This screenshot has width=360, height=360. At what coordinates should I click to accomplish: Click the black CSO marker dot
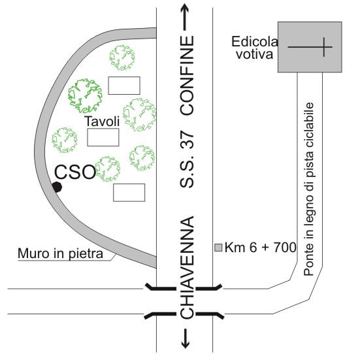[x=57, y=187]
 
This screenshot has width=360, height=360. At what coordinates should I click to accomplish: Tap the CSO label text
[x=75, y=172]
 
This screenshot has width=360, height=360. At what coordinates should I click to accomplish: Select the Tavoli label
[x=102, y=122]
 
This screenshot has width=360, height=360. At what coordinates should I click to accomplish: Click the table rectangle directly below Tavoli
[x=103, y=137]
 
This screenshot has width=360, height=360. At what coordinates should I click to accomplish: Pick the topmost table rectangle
[x=124, y=86]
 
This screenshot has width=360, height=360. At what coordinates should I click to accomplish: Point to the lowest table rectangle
[x=129, y=193]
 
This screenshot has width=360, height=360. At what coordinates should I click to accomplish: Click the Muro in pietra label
[x=60, y=254]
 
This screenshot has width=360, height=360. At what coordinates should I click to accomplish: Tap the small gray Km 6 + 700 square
[x=218, y=248]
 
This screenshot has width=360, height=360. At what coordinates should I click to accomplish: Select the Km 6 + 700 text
[x=260, y=248]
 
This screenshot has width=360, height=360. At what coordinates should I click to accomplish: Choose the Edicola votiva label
[x=255, y=48]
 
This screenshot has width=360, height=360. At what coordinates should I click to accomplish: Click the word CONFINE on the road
[x=187, y=75]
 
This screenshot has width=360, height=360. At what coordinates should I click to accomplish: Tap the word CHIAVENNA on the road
[x=187, y=267]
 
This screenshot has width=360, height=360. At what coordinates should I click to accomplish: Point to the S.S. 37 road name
[x=187, y=159]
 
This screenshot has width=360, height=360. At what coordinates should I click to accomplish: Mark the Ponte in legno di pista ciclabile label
[x=309, y=189]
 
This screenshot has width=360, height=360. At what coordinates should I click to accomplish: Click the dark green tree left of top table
[x=85, y=95]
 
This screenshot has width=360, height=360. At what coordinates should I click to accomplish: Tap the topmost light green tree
[x=122, y=57]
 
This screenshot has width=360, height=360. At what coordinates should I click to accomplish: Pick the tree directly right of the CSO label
[x=107, y=169]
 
